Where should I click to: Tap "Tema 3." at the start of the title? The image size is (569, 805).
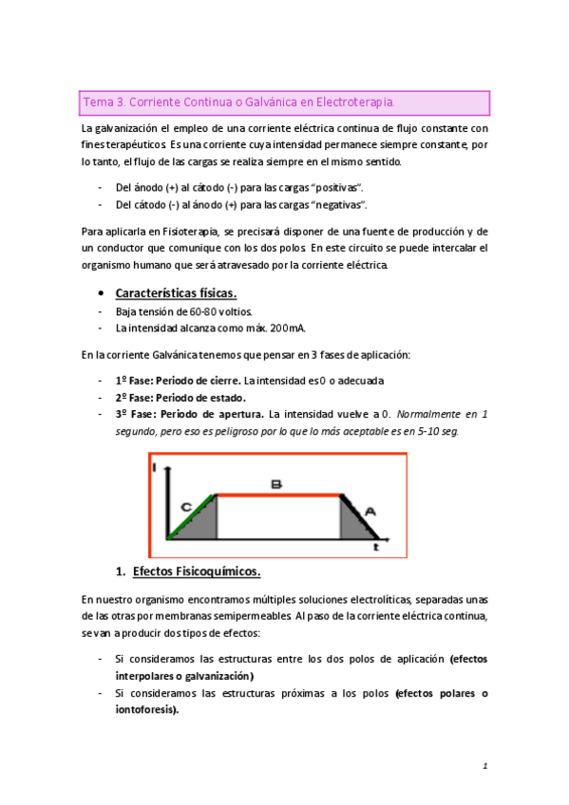[104, 102]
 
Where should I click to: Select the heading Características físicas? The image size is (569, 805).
[176, 292]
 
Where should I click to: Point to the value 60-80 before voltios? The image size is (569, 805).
[204, 311]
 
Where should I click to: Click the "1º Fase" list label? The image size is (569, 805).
[134, 382]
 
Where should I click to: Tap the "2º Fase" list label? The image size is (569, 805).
[134, 398]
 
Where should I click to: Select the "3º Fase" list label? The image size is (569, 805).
[134, 415]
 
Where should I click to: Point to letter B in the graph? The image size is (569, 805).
[275, 484]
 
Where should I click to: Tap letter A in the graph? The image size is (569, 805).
[370, 512]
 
